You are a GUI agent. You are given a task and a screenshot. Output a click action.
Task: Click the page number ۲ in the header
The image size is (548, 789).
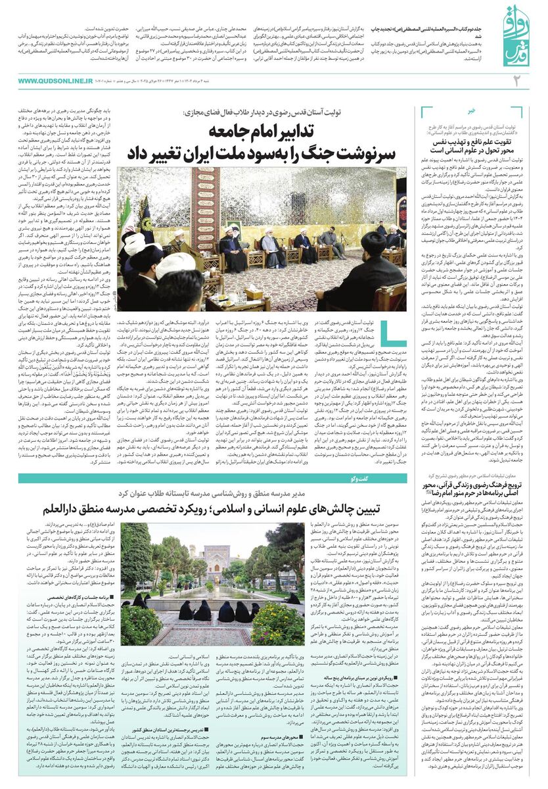click(x=516, y=81)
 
